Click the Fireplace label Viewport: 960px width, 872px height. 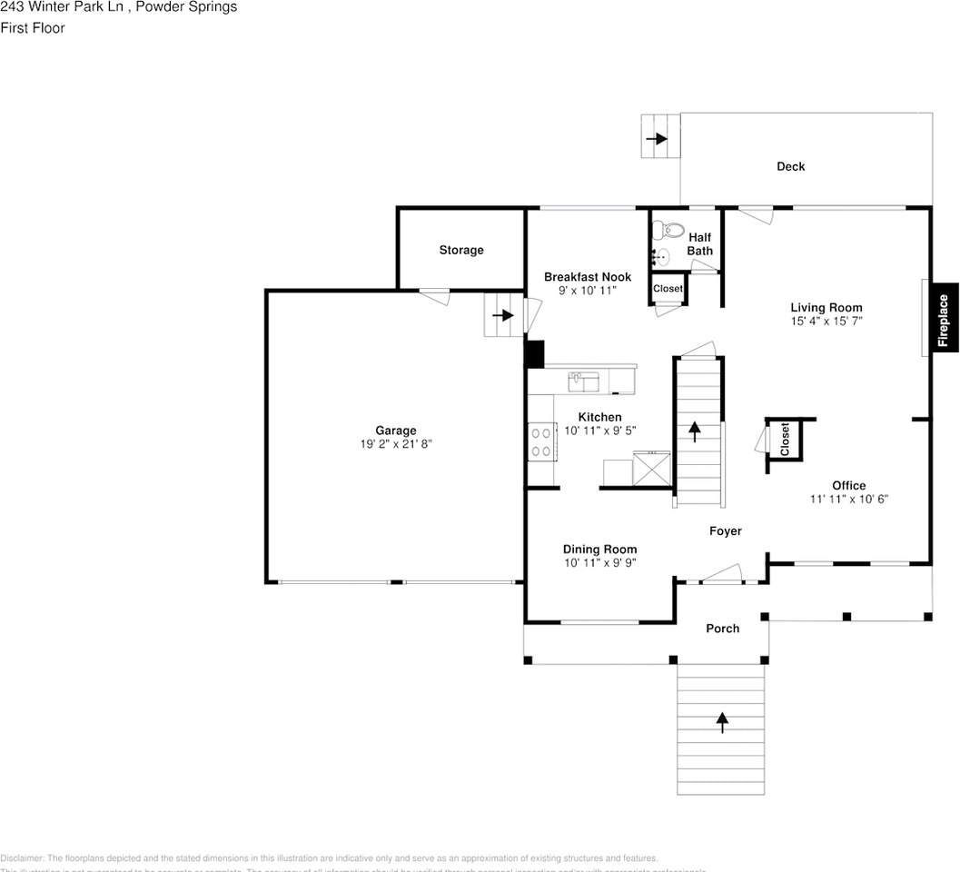(943, 319)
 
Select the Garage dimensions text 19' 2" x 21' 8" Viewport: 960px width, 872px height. (396, 444)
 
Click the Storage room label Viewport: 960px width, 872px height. (461, 250)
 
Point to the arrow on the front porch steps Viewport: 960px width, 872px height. (722, 722)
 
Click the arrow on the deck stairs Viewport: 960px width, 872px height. (656, 139)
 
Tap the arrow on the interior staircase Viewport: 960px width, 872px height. (696, 431)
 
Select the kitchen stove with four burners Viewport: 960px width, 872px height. (542, 441)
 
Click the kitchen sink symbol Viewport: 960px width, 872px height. (583, 381)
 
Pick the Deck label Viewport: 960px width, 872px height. (790, 166)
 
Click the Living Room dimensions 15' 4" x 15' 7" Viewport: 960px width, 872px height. (826, 321)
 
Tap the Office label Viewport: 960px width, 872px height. (848, 485)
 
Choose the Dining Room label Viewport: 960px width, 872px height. (599, 549)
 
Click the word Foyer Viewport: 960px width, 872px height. (725, 530)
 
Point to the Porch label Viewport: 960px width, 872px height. (723, 629)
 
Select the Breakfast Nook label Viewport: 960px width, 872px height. (587, 277)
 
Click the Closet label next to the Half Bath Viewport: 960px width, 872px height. (668, 289)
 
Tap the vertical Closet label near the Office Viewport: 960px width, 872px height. (785, 440)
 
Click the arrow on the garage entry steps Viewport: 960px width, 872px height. (502, 316)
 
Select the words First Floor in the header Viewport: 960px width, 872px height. (33, 28)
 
